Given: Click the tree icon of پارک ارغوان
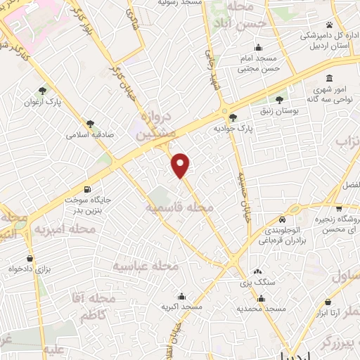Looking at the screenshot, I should (x=44, y=90).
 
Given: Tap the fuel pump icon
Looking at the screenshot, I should (x=87, y=188).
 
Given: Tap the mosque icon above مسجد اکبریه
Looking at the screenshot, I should (x=183, y=295).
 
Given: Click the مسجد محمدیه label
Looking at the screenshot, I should (x=260, y=309).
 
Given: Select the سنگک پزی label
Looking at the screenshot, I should (x=257, y=281).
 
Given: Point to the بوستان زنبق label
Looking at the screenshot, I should (x=280, y=110).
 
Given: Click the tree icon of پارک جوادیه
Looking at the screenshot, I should (x=233, y=117).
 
